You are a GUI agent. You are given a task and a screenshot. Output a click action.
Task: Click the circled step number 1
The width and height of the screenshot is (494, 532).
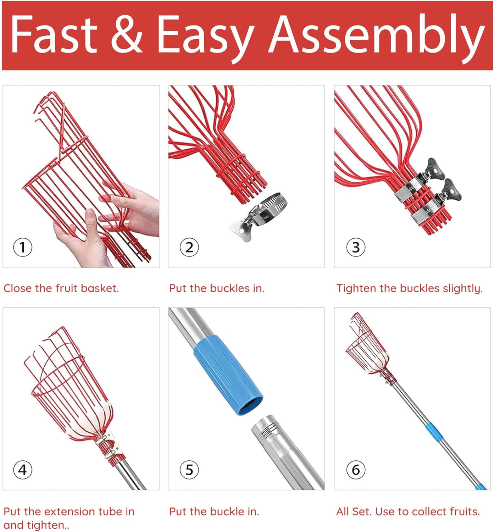pos(23,247)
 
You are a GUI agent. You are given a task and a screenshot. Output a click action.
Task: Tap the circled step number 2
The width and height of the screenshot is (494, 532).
pos(189,247)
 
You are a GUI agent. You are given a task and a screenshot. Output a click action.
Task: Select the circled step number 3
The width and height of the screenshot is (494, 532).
pos(356,247)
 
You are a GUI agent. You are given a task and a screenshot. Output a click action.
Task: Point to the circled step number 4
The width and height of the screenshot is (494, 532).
pos(23,470)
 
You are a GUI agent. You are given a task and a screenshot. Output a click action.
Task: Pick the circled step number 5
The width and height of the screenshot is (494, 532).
pos(189,470)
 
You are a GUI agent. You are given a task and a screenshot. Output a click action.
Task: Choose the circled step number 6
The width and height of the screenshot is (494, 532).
pos(356,470)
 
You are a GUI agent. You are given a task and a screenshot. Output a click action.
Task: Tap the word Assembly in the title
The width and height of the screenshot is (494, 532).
pos(376,38)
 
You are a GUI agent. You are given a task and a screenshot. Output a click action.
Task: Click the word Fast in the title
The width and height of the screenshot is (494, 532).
pos(54,34)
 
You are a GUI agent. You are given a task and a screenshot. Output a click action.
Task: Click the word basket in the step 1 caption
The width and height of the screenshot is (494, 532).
pos(100,288)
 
